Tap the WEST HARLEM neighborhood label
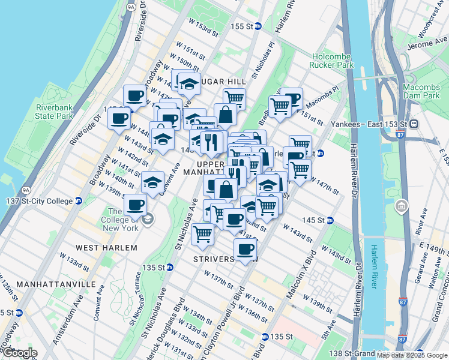tap(107, 247)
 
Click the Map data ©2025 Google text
tap(412, 355)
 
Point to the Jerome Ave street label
tap(423, 44)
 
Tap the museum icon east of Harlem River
tap(400, 207)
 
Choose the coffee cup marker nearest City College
tap(135, 205)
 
